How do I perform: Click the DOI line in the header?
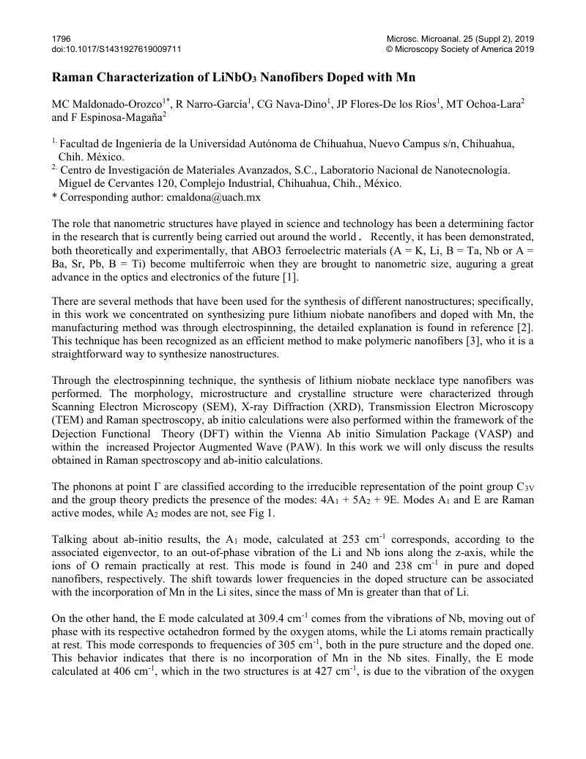pyautogui.click(x=116, y=49)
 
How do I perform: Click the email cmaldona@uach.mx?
pyautogui.click(x=214, y=197)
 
